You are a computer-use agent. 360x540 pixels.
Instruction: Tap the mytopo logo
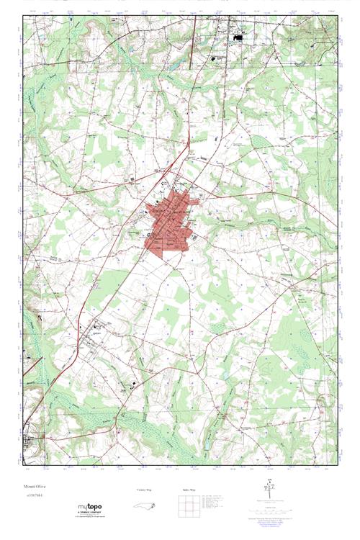pyautogui.click(x=89, y=507)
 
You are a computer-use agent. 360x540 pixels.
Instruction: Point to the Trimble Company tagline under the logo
pyautogui.click(x=89, y=513)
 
